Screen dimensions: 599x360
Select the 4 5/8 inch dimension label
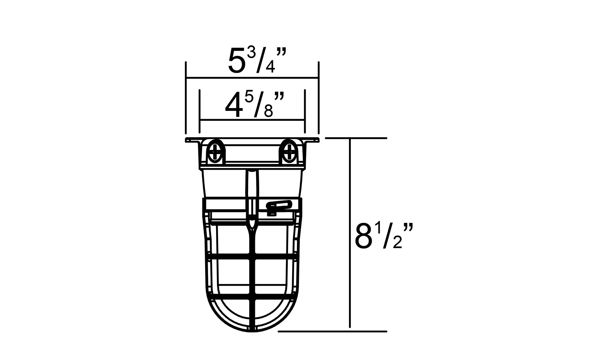[x=254, y=105]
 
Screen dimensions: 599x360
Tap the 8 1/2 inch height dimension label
[x=384, y=236]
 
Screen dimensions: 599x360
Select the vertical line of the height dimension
[x=350, y=233]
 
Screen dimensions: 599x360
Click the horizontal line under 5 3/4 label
[x=252, y=78]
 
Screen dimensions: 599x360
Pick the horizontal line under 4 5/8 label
[x=252, y=120]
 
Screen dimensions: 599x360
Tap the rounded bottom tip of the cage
[x=252, y=331]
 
